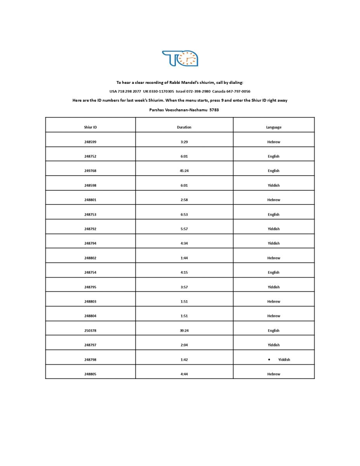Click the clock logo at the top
coord(180,58)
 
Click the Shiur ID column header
coord(90,127)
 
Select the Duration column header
coord(184,127)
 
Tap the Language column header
coord(274,127)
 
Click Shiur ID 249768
coord(90,171)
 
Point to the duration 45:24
coord(184,171)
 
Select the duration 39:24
coord(184,330)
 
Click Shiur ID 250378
coord(90,330)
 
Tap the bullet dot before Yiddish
coord(269,360)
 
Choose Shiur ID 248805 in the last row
coord(90,374)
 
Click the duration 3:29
coord(184,142)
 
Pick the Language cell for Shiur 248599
coord(274,142)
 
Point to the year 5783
coord(214,110)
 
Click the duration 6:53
coord(184,214)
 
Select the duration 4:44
coord(184,374)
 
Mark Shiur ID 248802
coord(90,258)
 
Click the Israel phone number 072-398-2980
coord(198,92)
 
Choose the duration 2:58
coord(184,200)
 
